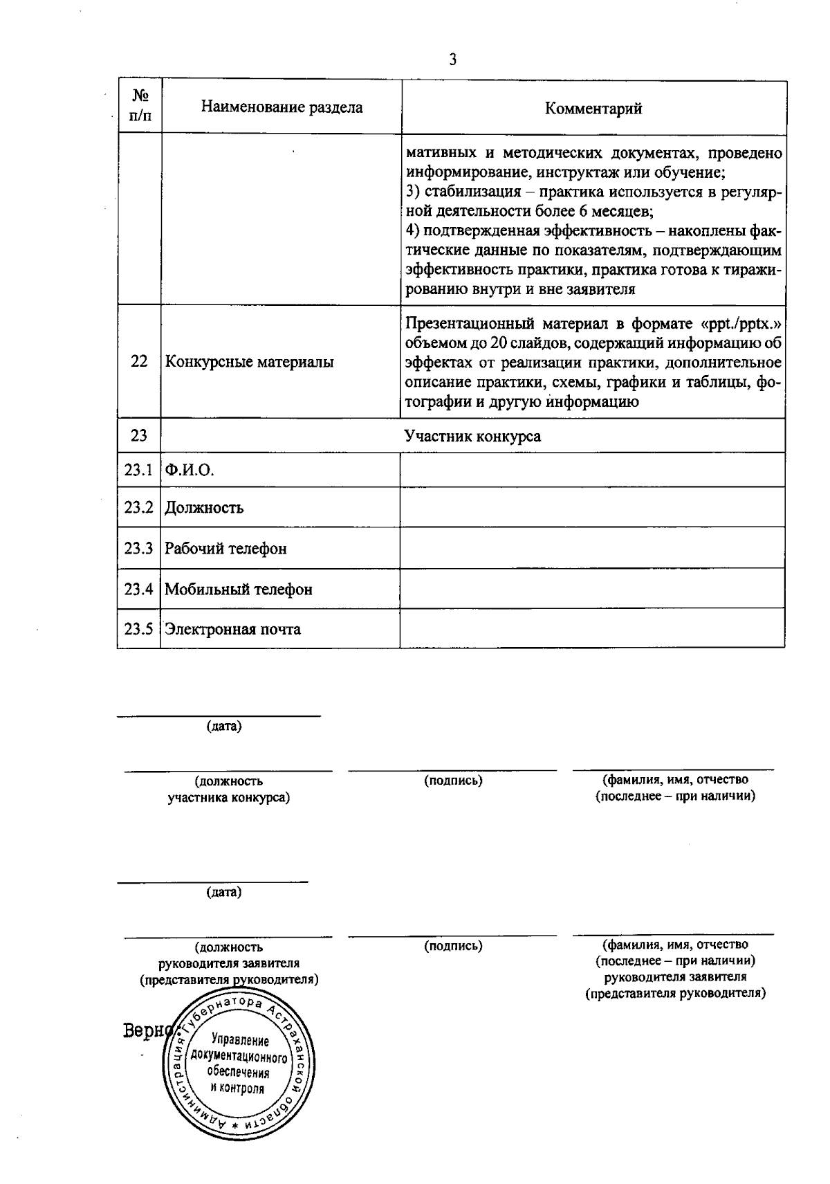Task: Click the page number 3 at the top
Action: pos(453,60)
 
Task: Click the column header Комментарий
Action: pos(593,109)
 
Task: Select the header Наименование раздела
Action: pos(282,107)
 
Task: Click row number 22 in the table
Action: pos(139,361)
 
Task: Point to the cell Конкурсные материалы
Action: pos(249,362)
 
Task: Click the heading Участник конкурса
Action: pos(472,436)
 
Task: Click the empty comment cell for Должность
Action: pos(592,507)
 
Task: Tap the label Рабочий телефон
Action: pos(225,549)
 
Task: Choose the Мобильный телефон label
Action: pos(239,590)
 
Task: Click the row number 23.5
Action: pos(138,629)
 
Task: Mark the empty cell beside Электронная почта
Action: pos(592,628)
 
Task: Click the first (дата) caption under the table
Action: pos(224,727)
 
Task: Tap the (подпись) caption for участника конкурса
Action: pos(453,781)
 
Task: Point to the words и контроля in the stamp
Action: pos(238,1088)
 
